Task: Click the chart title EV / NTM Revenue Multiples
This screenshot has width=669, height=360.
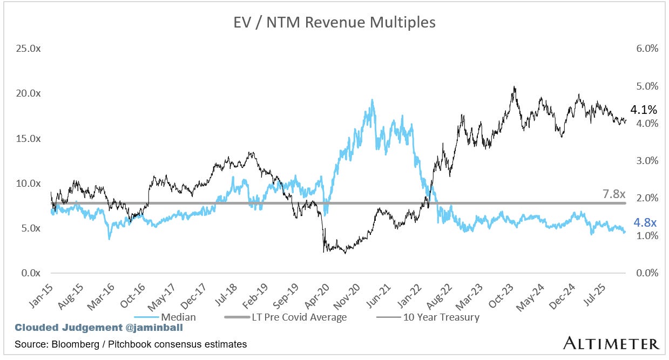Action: [x=334, y=23]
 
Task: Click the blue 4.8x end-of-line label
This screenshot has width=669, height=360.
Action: [x=644, y=223]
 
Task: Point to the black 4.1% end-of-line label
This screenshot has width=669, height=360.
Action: [x=644, y=110]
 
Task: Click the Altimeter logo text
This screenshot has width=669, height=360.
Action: [x=611, y=344]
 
